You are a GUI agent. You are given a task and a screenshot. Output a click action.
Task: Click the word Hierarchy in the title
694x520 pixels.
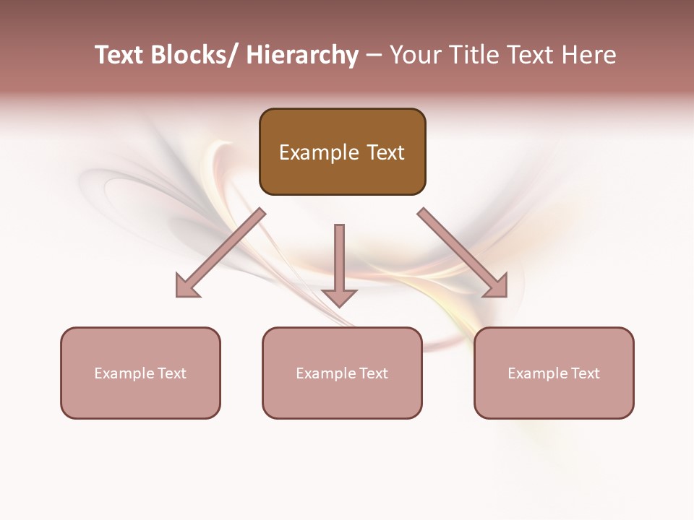302,55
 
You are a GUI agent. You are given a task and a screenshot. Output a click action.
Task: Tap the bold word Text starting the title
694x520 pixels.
119,55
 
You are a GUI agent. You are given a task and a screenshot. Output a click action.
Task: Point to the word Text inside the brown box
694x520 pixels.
384,152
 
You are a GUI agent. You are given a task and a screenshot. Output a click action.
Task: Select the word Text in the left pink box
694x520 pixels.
172,373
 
